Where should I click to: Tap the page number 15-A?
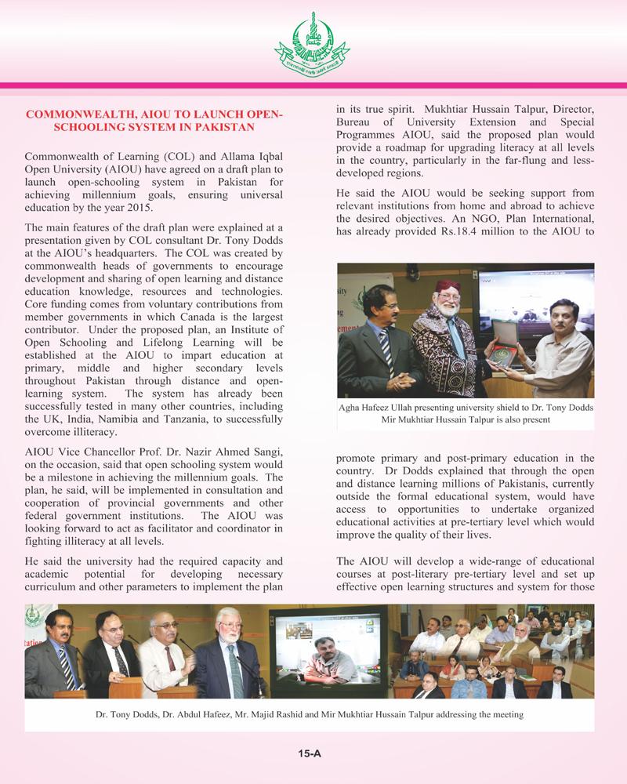coord(311,754)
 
